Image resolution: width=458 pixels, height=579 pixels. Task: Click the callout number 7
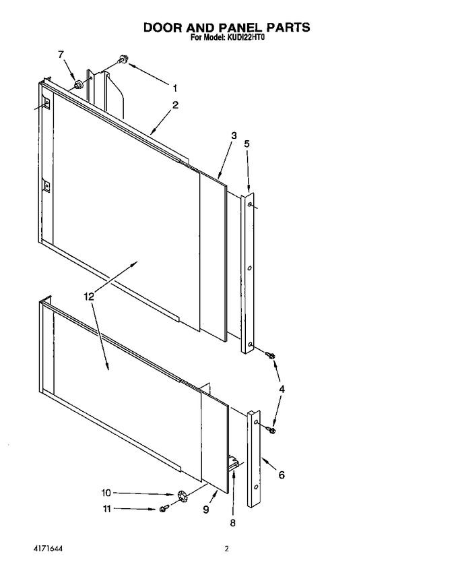(x=61, y=55)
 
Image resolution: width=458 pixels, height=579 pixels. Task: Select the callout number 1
(x=175, y=88)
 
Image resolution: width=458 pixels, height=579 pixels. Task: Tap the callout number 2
(x=175, y=105)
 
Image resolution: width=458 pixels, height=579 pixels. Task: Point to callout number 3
(x=234, y=135)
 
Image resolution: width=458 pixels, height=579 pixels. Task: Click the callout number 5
(x=247, y=144)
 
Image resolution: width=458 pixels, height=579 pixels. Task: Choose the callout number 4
(x=282, y=389)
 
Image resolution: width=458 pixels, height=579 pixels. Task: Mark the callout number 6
(x=282, y=475)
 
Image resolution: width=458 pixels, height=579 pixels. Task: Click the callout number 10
(x=106, y=493)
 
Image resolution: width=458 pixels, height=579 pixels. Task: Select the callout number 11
(x=106, y=509)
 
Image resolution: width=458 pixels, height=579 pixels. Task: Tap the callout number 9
(x=206, y=510)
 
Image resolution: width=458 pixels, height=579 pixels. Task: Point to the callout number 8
(x=233, y=523)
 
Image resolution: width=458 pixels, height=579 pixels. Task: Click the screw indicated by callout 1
(x=123, y=59)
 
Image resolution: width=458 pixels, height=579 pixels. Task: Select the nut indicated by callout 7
(x=78, y=85)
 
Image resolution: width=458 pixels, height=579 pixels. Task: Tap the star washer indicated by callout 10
(x=181, y=495)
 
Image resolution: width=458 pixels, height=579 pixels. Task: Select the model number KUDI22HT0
(x=245, y=38)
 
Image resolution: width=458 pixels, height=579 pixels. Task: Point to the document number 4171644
(x=48, y=549)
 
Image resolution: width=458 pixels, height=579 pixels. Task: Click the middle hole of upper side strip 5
(x=250, y=268)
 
